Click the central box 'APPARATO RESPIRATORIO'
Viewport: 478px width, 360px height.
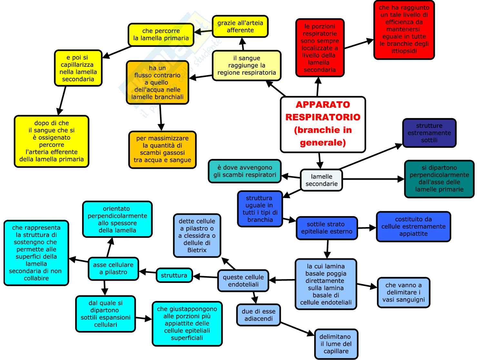pos(323,124)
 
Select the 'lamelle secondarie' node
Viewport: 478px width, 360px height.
pos(321,180)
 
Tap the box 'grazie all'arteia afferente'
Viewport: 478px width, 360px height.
pos(240,26)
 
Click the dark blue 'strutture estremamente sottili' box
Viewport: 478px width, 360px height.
pos(429,133)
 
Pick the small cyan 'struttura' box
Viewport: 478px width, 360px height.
pos(174,275)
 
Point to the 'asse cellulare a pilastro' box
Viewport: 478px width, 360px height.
pos(113,268)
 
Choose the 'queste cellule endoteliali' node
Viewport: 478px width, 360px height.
pos(243,281)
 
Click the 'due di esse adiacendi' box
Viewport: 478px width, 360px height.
pos(259,315)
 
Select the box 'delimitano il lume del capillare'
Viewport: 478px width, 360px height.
pos(336,344)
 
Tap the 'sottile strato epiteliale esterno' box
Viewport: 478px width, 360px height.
pos(327,228)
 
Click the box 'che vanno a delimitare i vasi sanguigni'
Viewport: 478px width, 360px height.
pos(403,292)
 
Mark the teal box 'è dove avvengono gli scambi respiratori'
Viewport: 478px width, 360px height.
pos(245,171)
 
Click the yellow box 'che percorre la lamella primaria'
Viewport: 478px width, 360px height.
pos(161,35)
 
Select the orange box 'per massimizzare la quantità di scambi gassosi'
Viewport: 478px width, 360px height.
pos(162,149)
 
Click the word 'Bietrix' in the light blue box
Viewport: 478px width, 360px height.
pos(197,250)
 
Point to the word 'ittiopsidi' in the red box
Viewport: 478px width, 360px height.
pos(404,51)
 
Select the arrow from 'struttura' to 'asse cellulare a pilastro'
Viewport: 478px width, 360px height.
pos(147,272)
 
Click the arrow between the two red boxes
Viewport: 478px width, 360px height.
pos(359,44)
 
